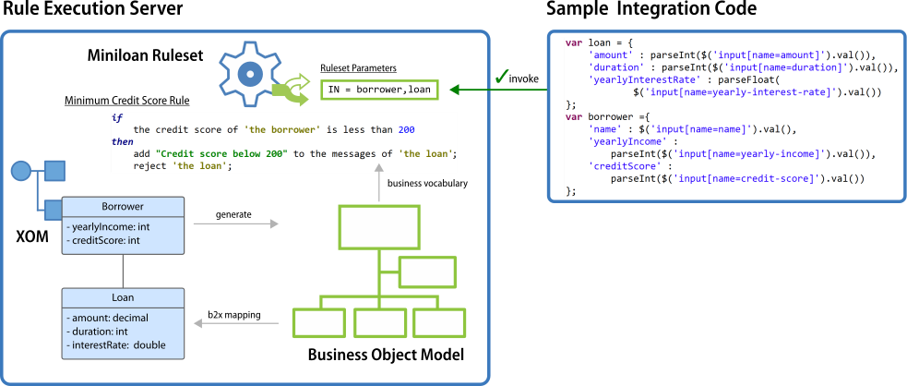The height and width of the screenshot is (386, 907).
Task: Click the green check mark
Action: point(502,78)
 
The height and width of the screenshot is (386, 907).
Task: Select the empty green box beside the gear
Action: point(379,90)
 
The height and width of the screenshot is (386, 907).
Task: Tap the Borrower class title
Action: point(123,207)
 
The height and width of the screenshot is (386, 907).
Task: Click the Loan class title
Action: point(123,298)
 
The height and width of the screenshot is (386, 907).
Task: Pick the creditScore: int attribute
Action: point(102,240)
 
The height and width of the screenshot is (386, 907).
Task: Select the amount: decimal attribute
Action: point(107,318)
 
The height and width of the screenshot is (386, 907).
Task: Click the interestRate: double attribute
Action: point(115,344)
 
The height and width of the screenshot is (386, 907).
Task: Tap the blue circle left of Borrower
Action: point(21,171)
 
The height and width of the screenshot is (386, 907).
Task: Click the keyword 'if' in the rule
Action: point(117,118)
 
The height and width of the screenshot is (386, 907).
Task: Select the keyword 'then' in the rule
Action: point(123,141)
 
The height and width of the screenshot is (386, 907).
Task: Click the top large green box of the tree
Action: point(379,227)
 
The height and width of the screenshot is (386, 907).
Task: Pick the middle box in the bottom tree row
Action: point(379,322)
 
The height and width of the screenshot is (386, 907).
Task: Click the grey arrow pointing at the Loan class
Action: point(235,323)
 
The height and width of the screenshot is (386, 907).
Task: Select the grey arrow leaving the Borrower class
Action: point(235,223)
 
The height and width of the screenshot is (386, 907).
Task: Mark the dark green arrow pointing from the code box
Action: point(498,90)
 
